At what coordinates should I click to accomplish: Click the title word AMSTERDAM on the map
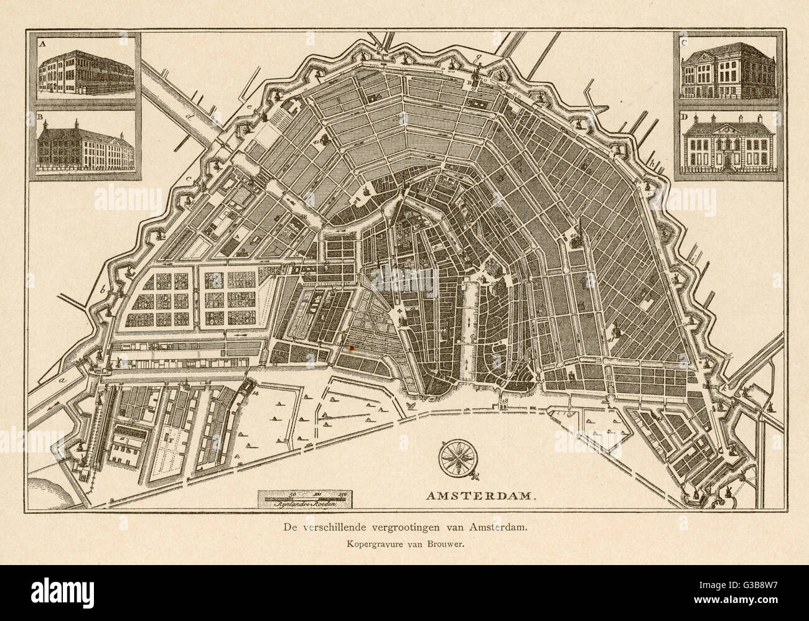tap(480, 496)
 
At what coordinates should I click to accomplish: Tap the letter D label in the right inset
tap(684, 117)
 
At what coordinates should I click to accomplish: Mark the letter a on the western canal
tap(62, 377)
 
